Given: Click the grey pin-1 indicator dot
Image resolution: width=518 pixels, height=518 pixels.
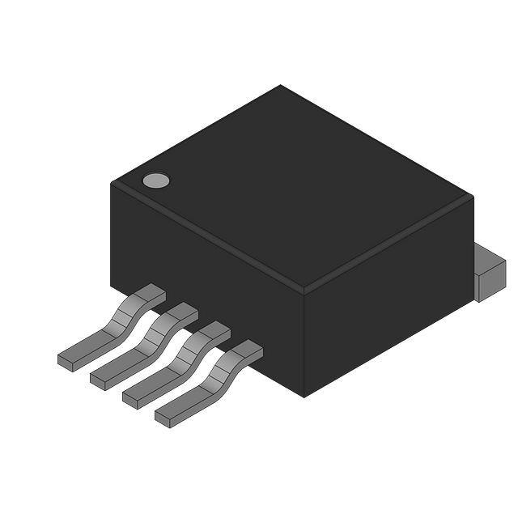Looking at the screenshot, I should [156, 180].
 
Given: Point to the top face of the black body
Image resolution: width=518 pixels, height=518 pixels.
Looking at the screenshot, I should [291, 186].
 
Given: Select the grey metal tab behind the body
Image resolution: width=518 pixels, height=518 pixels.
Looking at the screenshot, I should [489, 271].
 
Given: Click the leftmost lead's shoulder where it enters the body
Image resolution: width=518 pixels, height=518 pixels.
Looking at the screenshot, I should [150, 293].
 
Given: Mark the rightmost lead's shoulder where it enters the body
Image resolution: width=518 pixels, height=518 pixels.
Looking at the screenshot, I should [247, 350].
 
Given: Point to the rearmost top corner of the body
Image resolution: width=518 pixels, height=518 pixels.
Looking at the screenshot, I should [281, 85].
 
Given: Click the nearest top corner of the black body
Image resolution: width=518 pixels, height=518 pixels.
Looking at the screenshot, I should [304, 290].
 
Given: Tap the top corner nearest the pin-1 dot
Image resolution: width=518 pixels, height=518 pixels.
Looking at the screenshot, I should [111, 183].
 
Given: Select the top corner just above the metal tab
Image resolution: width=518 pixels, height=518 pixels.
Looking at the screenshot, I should [473, 197].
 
